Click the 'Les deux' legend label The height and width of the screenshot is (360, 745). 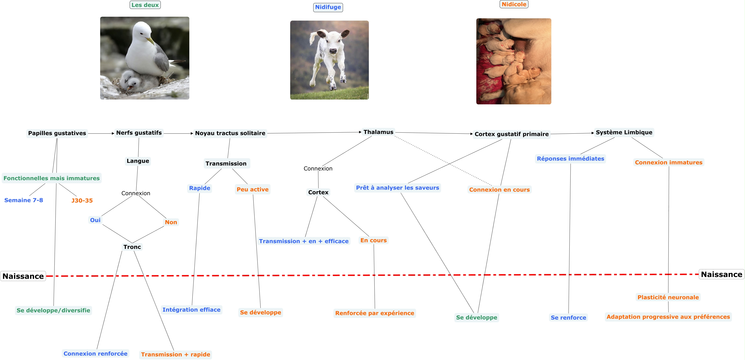pos(145,5)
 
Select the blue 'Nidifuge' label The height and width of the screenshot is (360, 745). pos(328,7)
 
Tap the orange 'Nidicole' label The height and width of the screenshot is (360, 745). pos(514,4)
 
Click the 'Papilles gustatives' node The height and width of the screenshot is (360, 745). pos(57,133)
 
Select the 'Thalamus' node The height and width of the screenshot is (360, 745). pos(378,132)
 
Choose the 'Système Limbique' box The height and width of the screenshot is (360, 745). pos(624,132)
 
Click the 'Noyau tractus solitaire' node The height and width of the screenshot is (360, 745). pos(230,133)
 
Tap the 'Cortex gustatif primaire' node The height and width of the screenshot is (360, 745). pos(511,134)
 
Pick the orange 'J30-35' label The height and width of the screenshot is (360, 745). pos(82,200)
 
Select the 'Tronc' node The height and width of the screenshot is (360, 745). pos(132,247)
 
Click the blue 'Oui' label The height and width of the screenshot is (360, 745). pos(95,220)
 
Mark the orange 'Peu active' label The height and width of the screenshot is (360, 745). pos(252,189)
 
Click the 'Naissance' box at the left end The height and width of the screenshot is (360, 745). pos(23,276)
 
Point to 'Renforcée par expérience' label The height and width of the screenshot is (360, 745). pos(375,313)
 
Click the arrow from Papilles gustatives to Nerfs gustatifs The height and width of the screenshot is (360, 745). pos(101,133)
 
